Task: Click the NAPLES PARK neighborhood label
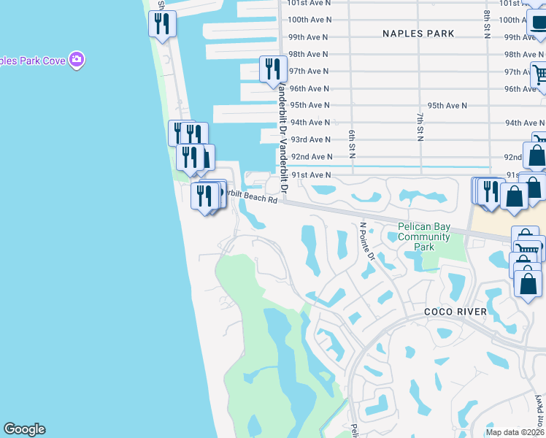(418, 34)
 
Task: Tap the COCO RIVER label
(455, 312)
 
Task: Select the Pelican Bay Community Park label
(423, 237)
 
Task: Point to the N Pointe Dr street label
(366, 242)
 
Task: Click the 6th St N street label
(351, 141)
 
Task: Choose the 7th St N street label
(420, 126)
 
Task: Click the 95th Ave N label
(447, 106)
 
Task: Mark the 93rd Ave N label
(310, 139)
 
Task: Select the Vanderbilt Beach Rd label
(248, 196)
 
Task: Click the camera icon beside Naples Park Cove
(77, 59)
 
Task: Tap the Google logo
(24, 429)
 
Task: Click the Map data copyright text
(515, 431)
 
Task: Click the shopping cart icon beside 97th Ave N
(539, 74)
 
